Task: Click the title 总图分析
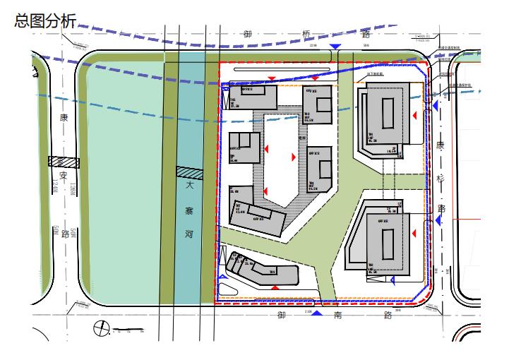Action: pos(43,20)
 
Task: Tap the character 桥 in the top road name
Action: pos(306,34)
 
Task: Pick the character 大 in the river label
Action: pos(188,187)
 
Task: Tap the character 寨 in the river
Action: pos(188,210)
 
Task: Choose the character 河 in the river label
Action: pos(188,234)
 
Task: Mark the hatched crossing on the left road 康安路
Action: pos(64,162)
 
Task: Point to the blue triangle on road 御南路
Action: pos(317,312)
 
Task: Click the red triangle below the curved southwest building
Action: pos(273,289)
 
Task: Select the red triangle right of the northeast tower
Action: pos(415,114)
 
